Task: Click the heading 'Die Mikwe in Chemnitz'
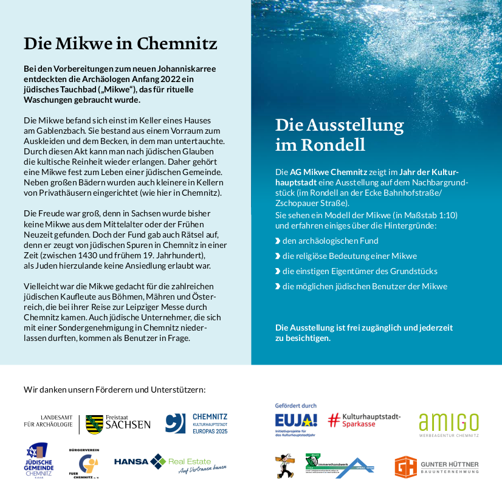(x=120, y=44)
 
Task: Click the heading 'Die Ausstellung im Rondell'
(x=339, y=134)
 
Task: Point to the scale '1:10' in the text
(x=448, y=215)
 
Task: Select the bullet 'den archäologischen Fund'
(x=330, y=241)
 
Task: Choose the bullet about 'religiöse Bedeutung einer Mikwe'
(x=349, y=256)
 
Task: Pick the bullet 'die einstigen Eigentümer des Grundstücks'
(x=360, y=271)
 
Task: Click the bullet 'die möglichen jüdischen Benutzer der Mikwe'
(x=365, y=286)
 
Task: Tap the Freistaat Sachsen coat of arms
(x=94, y=424)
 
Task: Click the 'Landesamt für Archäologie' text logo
(x=49, y=421)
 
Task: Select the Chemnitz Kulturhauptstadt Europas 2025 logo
(x=196, y=423)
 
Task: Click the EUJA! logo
(x=296, y=421)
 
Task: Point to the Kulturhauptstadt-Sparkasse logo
(x=365, y=420)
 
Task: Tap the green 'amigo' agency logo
(x=449, y=423)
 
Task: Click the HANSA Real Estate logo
(x=170, y=463)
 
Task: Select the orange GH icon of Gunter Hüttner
(x=405, y=466)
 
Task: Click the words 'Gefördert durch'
(x=296, y=405)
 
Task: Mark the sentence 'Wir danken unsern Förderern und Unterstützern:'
(x=115, y=390)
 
